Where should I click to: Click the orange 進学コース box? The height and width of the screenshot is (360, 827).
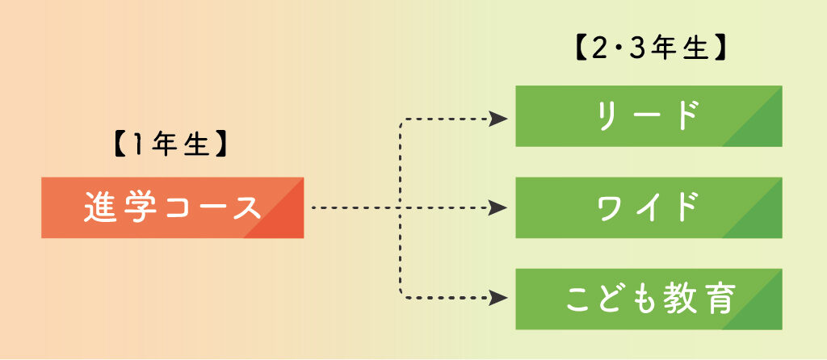pos(172,207)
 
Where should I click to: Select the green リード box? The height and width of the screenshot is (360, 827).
pos(649,116)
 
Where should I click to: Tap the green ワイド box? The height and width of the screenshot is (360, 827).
pos(649,207)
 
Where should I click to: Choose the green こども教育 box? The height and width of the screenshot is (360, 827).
pos(649,299)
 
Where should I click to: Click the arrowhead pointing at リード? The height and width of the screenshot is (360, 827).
pos(500,119)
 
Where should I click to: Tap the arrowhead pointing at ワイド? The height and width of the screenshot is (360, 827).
pos(500,208)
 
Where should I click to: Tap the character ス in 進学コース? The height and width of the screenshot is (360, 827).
pos(246,208)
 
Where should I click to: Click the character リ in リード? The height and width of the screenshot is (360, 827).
pos(607,116)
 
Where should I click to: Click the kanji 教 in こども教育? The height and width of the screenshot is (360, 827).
pos(681,299)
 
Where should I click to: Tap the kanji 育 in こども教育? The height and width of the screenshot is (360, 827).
pos(718,299)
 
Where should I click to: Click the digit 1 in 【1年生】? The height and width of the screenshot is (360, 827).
pos(136,146)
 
